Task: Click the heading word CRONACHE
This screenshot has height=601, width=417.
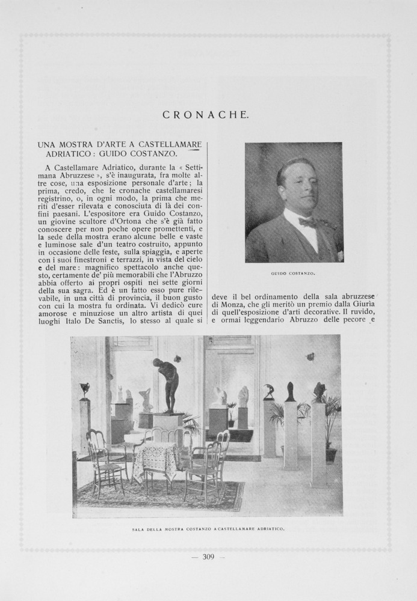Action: point(205,115)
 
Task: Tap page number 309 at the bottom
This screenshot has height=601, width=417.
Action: point(208,557)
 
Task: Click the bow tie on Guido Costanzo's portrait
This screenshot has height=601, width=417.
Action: point(307,222)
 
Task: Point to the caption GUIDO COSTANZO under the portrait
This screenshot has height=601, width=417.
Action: point(293,273)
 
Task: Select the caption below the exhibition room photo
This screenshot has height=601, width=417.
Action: point(208,529)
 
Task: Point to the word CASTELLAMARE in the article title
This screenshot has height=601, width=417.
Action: point(170,144)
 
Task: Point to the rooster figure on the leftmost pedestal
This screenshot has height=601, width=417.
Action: point(85,388)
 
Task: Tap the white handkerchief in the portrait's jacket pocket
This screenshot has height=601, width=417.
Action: point(340,255)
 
